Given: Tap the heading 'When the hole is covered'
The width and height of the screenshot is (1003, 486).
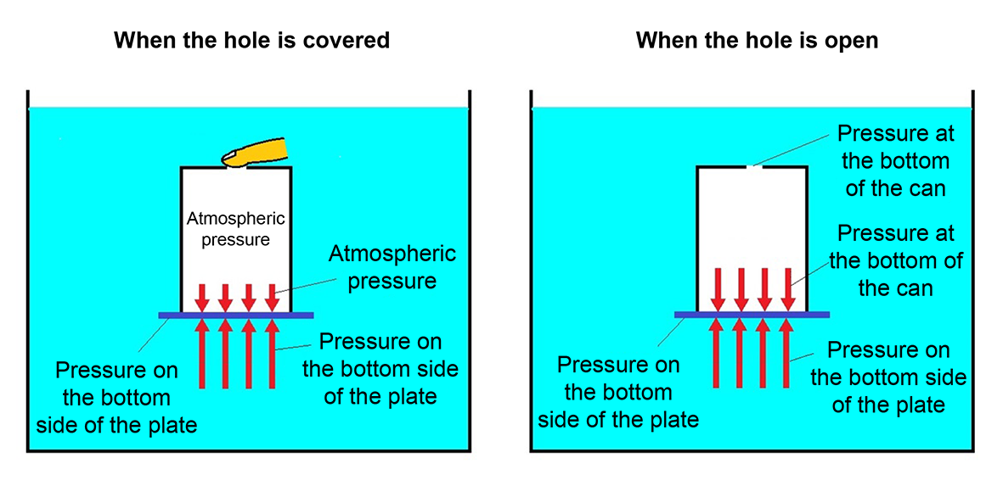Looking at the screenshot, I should pyautogui.click(x=251, y=40).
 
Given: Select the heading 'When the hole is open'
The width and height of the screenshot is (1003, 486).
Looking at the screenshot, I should pyautogui.click(x=757, y=40).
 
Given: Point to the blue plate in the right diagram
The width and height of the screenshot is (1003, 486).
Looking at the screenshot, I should pyautogui.click(x=752, y=315).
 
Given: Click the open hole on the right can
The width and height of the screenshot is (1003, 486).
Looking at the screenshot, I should pyautogui.click(x=752, y=167).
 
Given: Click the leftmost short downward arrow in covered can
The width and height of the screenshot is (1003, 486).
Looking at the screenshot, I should pyautogui.click(x=202, y=297).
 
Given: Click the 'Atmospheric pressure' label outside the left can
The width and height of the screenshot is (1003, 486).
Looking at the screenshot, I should pyautogui.click(x=392, y=266).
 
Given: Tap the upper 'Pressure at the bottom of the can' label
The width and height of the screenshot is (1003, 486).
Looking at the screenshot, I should pyautogui.click(x=895, y=160).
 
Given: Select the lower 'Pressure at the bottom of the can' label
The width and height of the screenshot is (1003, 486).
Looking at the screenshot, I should pyautogui.click(x=895, y=260).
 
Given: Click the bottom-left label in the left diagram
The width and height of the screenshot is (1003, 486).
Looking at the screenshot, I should pyautogui.click(x=116, y=397).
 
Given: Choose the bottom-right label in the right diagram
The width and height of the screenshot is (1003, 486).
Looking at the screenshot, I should pyautogui.click(x=888, y=377).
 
